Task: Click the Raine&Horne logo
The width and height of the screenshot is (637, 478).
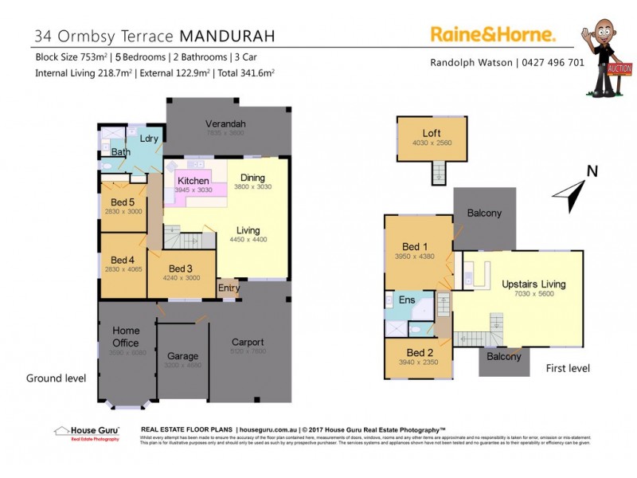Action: [x=493, y=33]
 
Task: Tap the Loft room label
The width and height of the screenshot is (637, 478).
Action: [x=432, y=133]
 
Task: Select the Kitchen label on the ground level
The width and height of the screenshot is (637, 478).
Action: [x=193, y=181]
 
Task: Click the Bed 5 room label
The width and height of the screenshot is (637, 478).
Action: [x=123, y=202]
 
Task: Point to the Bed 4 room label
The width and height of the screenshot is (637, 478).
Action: [x=123, y=260]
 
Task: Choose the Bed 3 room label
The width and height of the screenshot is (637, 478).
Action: [x=181, y=268]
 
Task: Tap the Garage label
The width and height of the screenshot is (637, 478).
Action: [x=182, y=356]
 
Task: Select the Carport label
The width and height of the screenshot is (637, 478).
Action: [x=247, y=342]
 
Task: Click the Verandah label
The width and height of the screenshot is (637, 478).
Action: [x=225, y=123]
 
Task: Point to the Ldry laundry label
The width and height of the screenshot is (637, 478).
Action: [x=149, y=139]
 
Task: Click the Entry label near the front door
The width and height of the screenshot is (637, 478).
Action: [x=229, y=288]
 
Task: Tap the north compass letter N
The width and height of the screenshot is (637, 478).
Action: [x=592, y=170]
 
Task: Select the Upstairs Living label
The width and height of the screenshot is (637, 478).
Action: [x=533, y=284]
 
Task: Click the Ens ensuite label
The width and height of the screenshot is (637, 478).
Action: [x=407, y=300]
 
